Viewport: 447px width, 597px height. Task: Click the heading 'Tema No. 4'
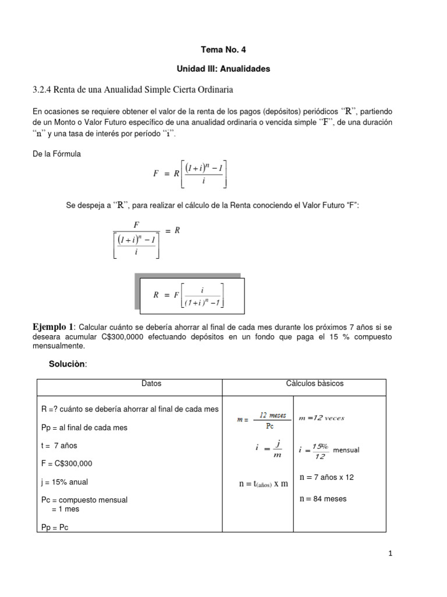pos(223,50)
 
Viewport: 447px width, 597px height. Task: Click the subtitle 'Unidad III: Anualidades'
pos(223,69)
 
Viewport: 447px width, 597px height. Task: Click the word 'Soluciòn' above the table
pos(68,364)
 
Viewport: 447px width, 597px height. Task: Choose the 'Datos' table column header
pos(151,384)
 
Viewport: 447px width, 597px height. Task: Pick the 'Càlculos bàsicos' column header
pos(314,384)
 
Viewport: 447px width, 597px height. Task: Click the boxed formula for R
pos(189,295)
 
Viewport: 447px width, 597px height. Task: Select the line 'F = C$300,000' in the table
pos(67,463)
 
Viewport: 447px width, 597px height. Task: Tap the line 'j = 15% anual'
pos(65,482)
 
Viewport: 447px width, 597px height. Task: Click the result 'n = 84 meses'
pos(322,498)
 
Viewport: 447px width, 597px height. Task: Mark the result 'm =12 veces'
pos(321,418)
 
